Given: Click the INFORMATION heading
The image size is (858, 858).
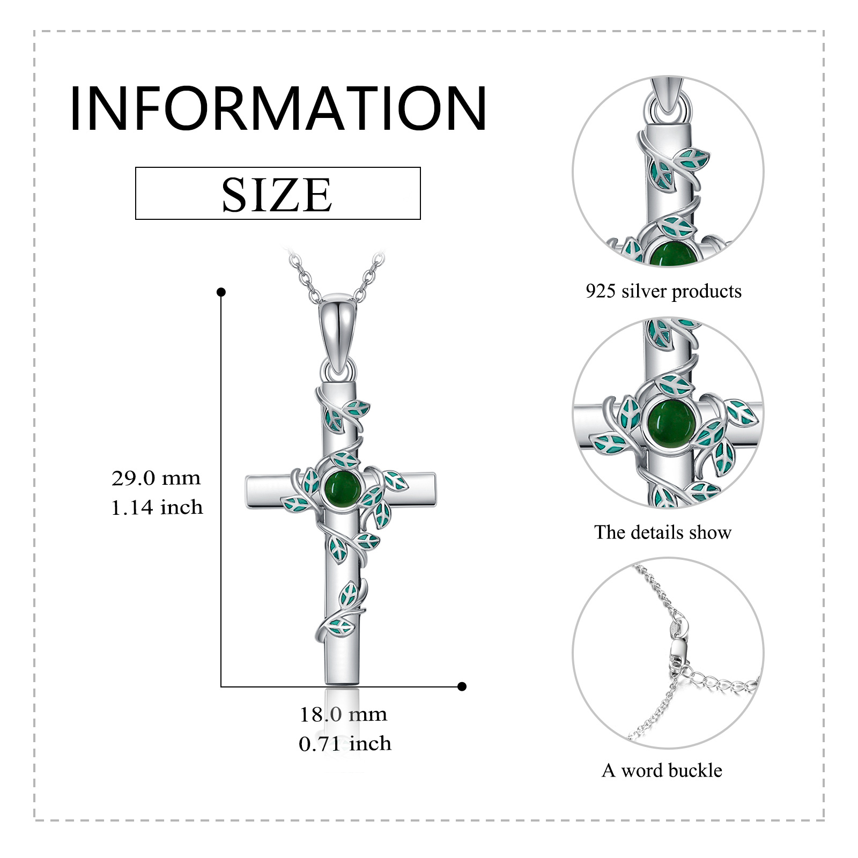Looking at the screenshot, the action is point(278,108).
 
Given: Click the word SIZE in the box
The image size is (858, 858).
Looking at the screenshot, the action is point(277,194).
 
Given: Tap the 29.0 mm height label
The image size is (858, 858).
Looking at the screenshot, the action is point(156,478).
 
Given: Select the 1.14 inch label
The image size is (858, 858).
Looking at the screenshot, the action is point(157,507).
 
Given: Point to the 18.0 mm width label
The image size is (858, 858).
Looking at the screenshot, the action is point(343,714).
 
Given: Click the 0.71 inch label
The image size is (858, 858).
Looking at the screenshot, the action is point(345,744).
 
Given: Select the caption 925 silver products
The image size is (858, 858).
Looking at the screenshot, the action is point(663,291).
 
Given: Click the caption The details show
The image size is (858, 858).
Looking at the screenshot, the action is point(663,532).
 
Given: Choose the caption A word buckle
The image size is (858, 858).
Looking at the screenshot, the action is point(662,771).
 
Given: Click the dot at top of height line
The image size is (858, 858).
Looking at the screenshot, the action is point(221,292).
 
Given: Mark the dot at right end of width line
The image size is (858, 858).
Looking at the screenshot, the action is point(462,686).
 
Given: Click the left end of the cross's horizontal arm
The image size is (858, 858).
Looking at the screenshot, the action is point(246,490).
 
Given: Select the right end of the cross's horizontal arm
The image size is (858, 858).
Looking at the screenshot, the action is point(435,488).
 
